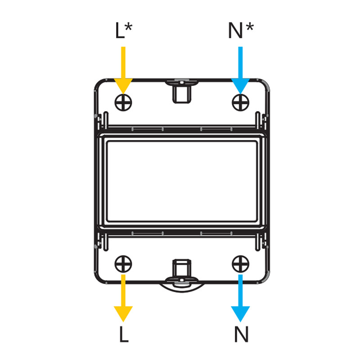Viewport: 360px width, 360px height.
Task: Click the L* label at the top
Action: tap(124, 31)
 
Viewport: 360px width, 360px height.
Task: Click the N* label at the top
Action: tap(241, 31)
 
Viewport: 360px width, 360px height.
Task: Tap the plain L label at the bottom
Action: tap(124, 334)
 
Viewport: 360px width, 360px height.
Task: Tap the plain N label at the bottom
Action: tap(241, 334)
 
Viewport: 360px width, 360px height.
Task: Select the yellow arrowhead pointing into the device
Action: tap(123, 85)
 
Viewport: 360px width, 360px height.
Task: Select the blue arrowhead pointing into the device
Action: tap(240, 85)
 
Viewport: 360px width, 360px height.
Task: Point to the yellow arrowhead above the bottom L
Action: tap(123, 313)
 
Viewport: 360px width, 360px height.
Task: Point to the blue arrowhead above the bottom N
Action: tap(240, 313)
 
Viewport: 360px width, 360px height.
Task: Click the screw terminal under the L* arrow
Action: tap(123, 103)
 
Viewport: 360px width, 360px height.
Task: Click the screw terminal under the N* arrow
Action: tap(240, 103)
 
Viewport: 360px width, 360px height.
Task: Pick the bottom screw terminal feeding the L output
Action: tap(123, 264)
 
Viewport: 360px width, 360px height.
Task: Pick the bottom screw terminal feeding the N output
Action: tap(240, 264)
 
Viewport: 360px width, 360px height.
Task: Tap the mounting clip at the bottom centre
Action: tap(182, 272)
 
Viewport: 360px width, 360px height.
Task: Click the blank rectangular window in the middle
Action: tap(182, 181)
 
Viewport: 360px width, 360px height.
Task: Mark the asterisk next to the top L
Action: tap(129, 27)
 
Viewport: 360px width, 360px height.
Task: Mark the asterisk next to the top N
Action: tap(250, 27)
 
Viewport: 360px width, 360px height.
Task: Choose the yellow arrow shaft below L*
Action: tap(123, 63)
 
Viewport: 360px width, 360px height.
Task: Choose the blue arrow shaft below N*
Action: tap(240, 63)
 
